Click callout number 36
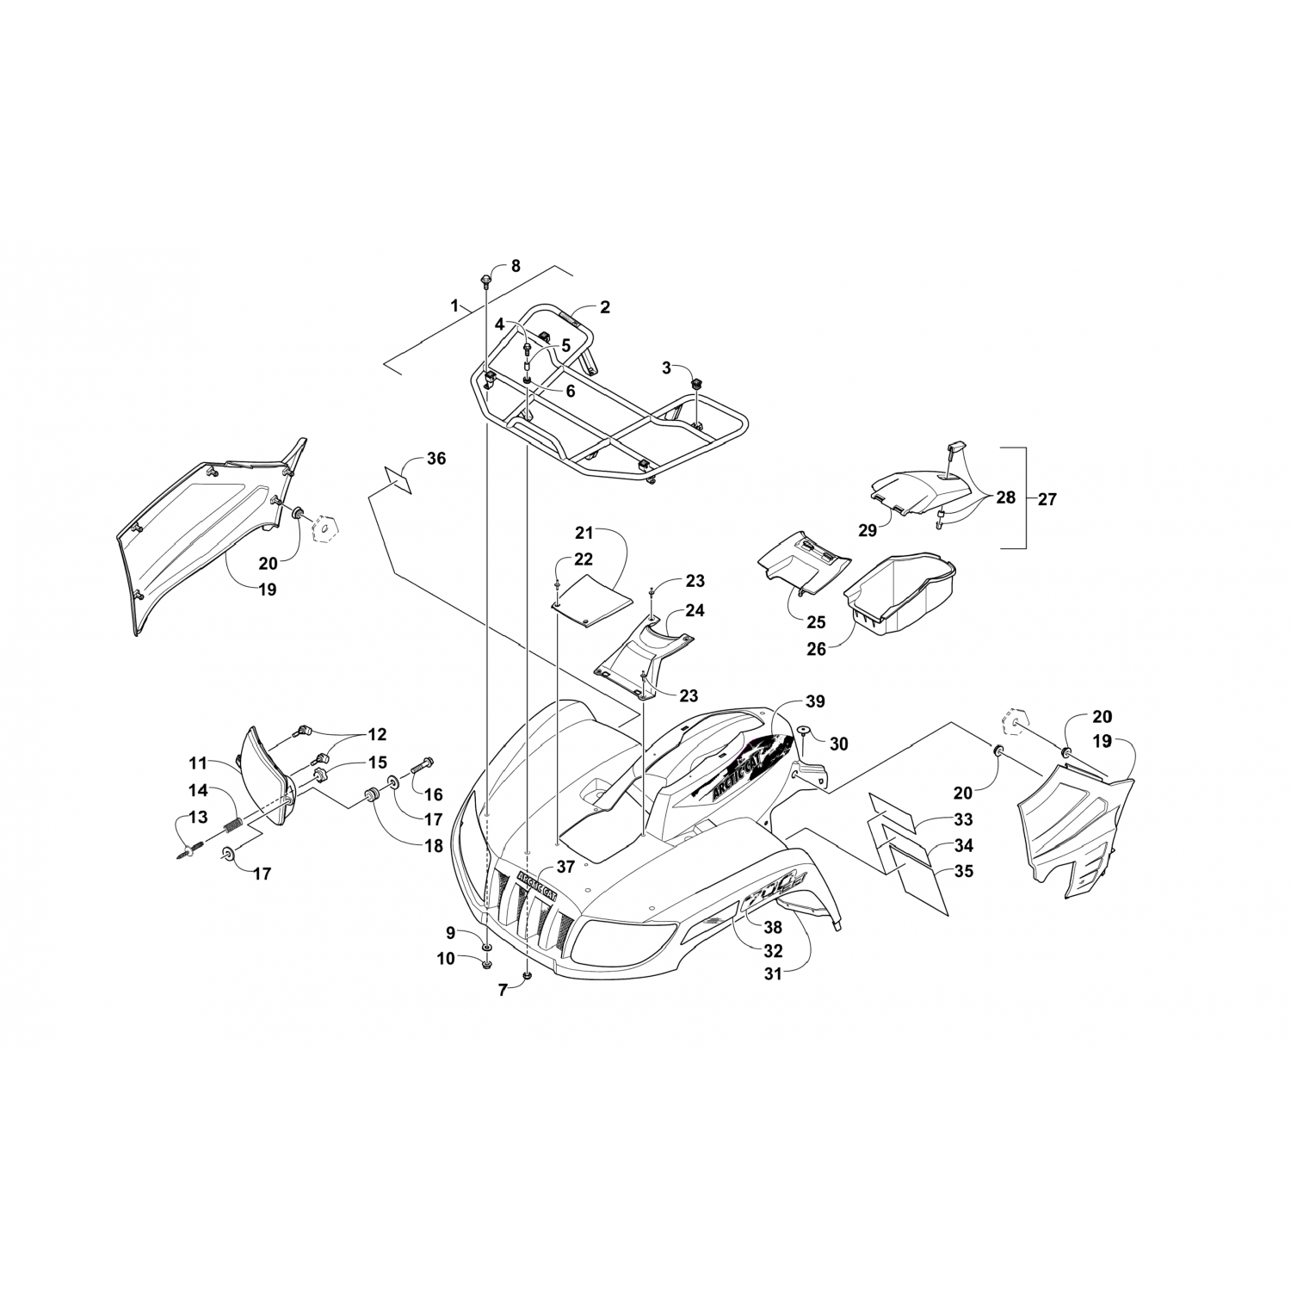pyautogui.click(x=436, y=459)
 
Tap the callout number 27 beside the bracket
pyautogui.click(x=1047, y=498)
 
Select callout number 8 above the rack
pyautogui.click(x=516, y=266)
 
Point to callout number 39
pyautogui.click(x=815, y=701)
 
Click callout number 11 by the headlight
pyautogui.click(x=199, y=762)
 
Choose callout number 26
pyautogui.click(x=816, y=649)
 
